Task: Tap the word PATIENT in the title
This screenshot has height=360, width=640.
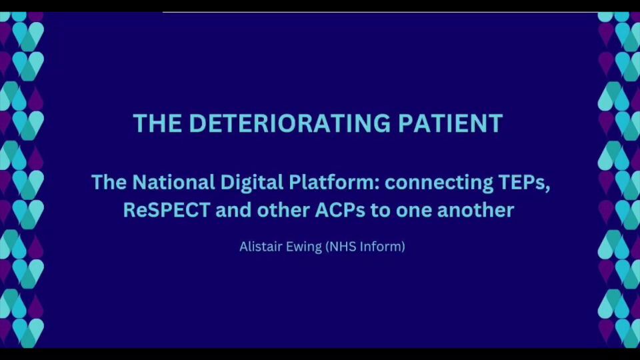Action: click(x=450, y=123)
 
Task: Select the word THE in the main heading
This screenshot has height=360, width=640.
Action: click(x=157, y=123)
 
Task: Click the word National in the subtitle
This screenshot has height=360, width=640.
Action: click(x=173, y=182)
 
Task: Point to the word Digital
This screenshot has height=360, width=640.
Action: click(x=252, y=183)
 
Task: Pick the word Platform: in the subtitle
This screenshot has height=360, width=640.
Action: click(x=334, y=182)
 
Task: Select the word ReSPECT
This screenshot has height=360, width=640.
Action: click(x=166, y=210)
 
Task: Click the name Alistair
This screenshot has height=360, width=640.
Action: click(x=259, y=247)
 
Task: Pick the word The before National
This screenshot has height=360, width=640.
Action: click(x=109, y=182)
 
